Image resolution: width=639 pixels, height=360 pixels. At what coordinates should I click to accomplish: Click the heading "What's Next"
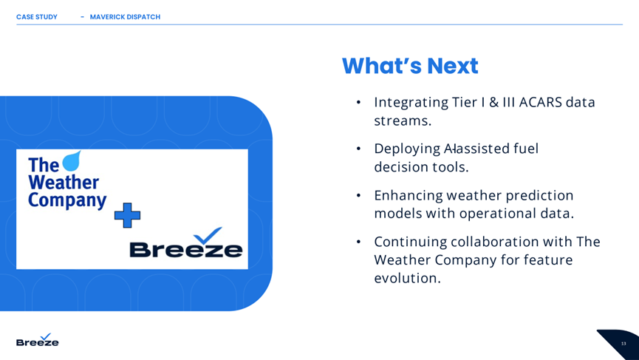click(x=410, y=66)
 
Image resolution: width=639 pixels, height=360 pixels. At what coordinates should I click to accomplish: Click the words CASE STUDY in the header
click(x=37, y=17)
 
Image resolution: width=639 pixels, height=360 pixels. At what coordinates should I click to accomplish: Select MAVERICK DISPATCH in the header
click(x=125, y=17)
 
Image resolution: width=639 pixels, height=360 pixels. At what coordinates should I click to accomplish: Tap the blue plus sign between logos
click(x=127, y=215)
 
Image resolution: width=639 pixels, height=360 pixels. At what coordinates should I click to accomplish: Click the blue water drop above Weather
click(x=72, y=160)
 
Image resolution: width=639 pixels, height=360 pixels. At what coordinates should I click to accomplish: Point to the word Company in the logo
click(x=67, y=200)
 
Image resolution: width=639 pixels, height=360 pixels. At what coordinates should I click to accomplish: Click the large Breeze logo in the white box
click(x=186, y=242)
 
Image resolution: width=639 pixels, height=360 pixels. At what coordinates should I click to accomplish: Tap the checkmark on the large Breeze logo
click(x=208, y=235)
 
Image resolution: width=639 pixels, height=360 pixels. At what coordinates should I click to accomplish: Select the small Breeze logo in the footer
click(x=38, y=340)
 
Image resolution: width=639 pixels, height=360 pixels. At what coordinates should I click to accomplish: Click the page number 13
click(x=623, y=344)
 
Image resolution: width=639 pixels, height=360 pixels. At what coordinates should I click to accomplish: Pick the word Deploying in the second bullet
click(x=407, y=149)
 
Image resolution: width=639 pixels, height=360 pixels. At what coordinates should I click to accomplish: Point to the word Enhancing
click(x=409, y=196)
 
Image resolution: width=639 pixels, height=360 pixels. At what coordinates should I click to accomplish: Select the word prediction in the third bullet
click(x=539, y=196)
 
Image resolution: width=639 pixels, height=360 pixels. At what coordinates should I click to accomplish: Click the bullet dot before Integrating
click(x=358, y=102)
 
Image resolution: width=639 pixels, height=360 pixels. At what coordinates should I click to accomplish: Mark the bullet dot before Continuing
click(x=358, y=242)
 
